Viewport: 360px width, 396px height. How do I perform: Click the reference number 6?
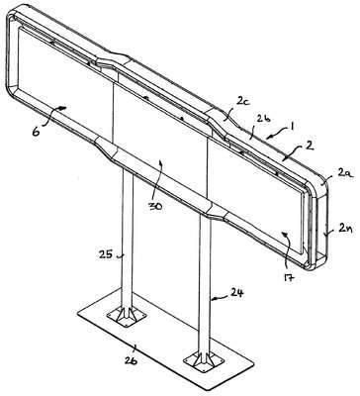click(36, 132)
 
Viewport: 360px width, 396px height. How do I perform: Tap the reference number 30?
click(154, 207)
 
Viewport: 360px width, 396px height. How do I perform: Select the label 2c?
click(243, 102)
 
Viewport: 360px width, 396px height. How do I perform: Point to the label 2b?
click(264, 119)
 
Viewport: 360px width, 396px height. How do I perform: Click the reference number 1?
click(293, 126)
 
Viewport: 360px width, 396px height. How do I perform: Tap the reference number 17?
click(288, 279)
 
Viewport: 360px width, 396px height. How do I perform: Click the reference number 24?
click(236, 293)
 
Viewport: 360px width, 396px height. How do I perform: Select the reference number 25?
click(106, 254)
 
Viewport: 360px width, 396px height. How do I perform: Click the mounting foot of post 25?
click(127, 316)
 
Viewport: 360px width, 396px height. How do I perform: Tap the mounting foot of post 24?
click(203, 359)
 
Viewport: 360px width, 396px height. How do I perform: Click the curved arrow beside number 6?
click(52, 116)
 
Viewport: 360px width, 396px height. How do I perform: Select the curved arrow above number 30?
click(158, 177)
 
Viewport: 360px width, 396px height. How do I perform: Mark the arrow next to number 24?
click(221, 298)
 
